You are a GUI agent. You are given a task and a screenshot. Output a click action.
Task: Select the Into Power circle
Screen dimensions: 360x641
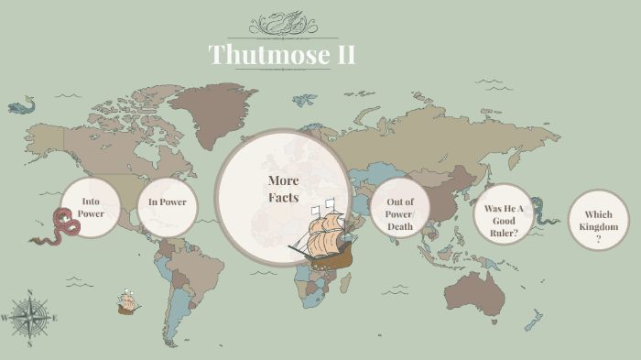[x=91, y=207]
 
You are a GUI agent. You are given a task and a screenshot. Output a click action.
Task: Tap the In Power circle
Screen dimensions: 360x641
[x=168, y=202]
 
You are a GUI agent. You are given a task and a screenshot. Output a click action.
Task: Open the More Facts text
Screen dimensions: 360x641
[x=283, y=189]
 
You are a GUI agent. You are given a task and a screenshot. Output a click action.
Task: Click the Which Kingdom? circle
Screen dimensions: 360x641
[x=598, y=221]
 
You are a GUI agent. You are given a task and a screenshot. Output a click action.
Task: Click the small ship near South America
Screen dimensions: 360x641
[x=128, y=302]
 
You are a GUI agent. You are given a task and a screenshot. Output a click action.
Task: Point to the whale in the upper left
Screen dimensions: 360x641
[x=19, y=107]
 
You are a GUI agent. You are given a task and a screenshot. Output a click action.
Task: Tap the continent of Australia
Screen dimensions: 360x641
[x=475, y=292]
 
